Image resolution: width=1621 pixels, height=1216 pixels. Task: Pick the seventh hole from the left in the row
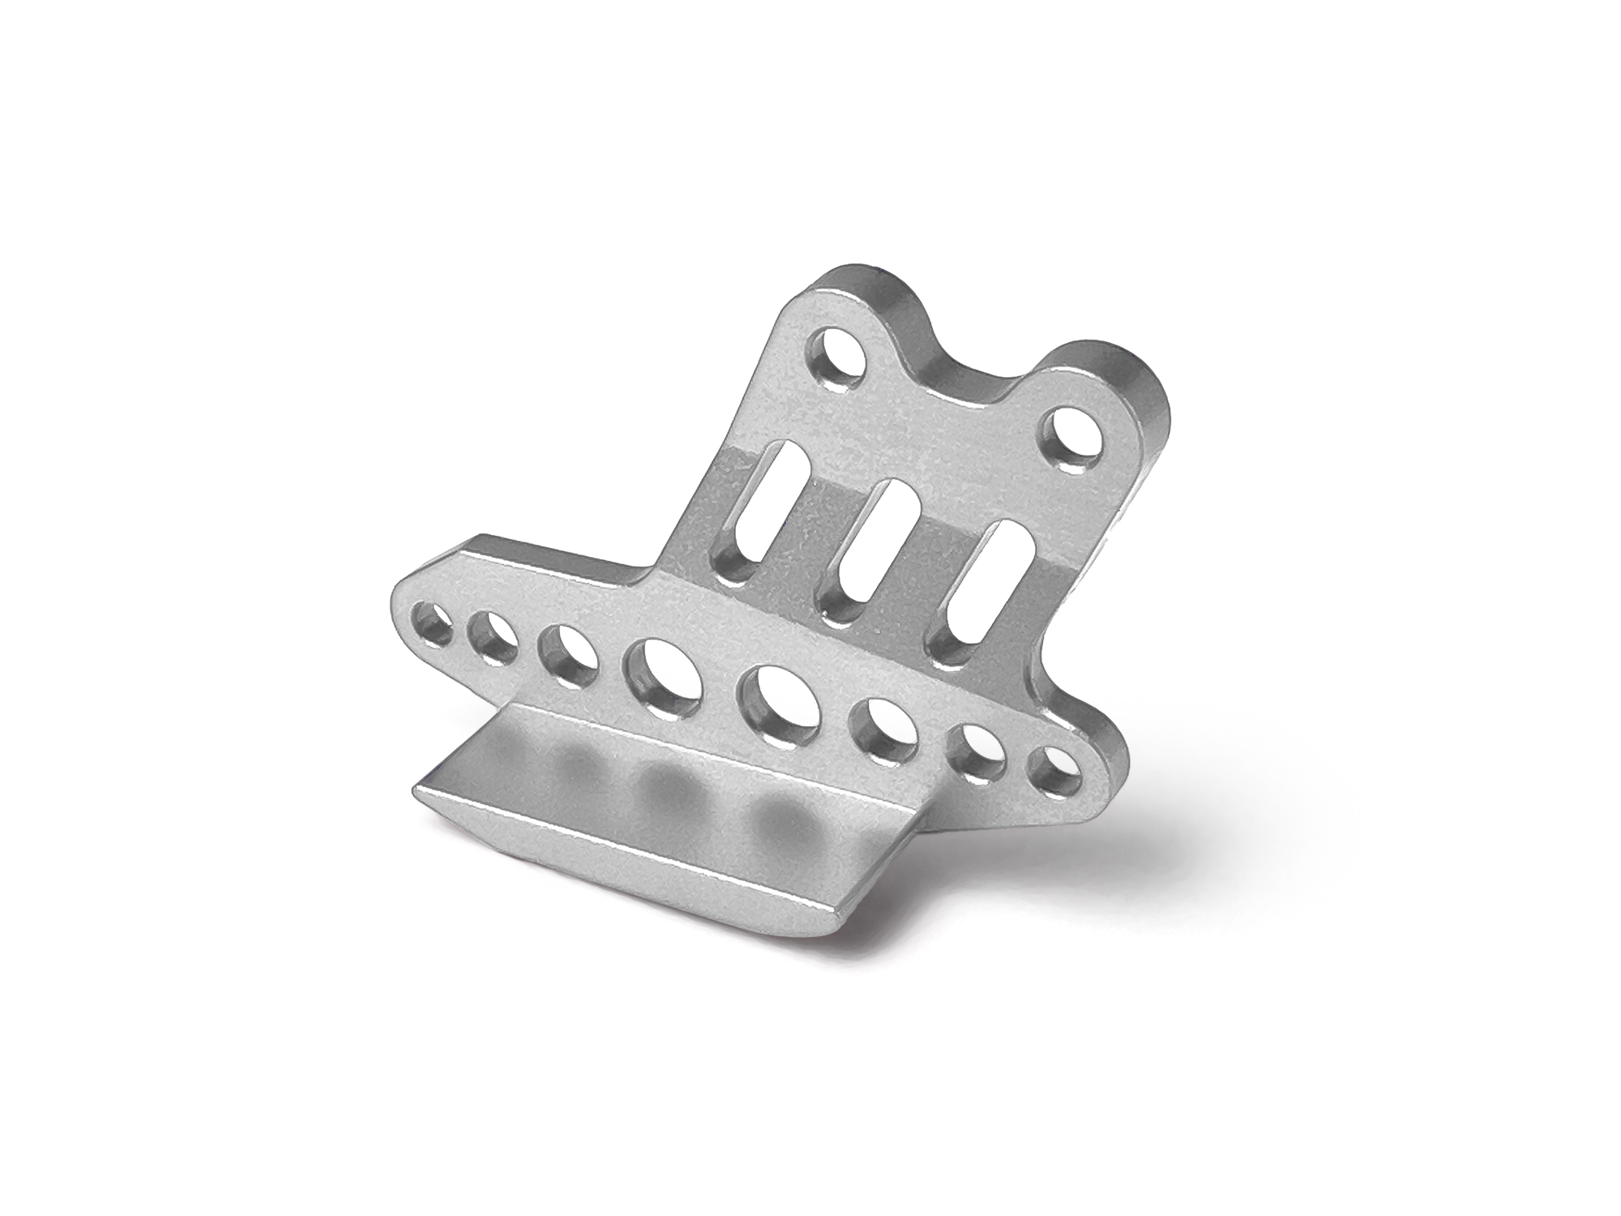(x=977, y=751)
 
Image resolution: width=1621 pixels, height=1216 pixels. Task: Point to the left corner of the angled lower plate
(x=418, y=790)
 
